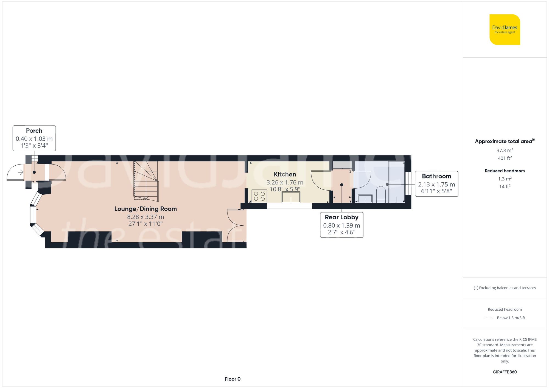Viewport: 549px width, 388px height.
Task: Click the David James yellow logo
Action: pos(505,30)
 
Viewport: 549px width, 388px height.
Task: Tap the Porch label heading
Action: pos(34,131)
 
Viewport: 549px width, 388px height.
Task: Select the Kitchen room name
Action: pos(285,174)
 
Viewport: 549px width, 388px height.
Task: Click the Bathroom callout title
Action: pos(436,176)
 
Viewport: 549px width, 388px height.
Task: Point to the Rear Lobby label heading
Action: pos(341,217)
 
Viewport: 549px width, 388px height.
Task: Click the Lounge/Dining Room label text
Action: pos(145,209)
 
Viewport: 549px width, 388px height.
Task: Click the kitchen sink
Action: pos(291,197)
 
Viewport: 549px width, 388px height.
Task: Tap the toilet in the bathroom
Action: pos(381,194)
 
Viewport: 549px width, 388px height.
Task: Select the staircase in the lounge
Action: pos(146,181)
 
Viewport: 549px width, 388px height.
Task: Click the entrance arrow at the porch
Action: pos(21,172)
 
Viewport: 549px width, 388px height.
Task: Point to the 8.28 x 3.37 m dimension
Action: pos(145,217)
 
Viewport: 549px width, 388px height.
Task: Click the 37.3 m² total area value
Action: pos(505,150)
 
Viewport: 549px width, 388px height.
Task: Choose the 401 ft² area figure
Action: pos(505,158)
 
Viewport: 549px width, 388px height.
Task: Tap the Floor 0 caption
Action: pos(233,379)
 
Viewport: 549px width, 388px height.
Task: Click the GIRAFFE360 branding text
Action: pos(505,372)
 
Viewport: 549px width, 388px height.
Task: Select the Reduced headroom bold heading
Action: pos(505,171)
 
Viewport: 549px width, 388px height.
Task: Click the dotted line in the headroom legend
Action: pos(489,318)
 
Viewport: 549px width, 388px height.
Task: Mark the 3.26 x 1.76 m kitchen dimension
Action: pos(285,182)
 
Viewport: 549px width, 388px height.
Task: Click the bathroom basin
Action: pos(365,199)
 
